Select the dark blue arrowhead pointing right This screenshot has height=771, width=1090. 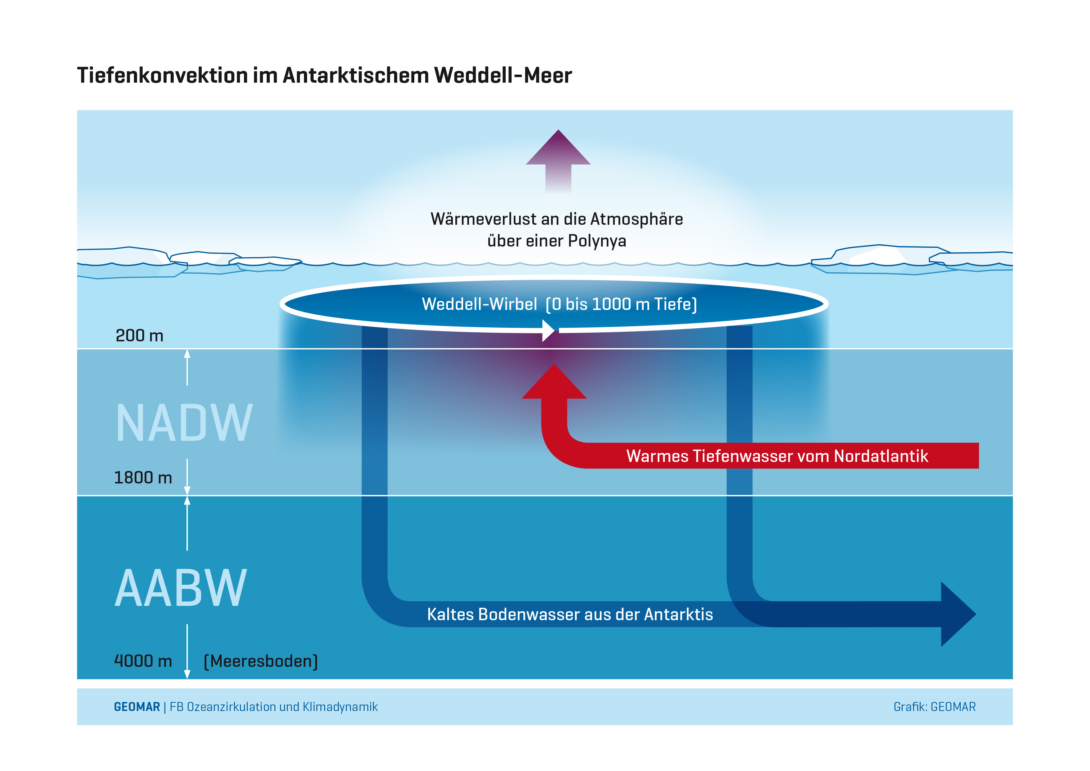point(955,614)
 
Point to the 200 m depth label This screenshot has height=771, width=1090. point(140,336)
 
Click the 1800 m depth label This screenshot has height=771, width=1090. point(143,478)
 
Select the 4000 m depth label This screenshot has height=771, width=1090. point(143,661)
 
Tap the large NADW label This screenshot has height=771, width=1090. point(184,423)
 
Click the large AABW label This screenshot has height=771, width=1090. point(181,589)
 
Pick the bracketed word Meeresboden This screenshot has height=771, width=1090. point(261,661)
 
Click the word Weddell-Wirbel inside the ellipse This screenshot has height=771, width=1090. point(480,304)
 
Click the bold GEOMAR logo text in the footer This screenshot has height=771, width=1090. point(137,707)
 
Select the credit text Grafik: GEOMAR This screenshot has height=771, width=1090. point(934,707)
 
